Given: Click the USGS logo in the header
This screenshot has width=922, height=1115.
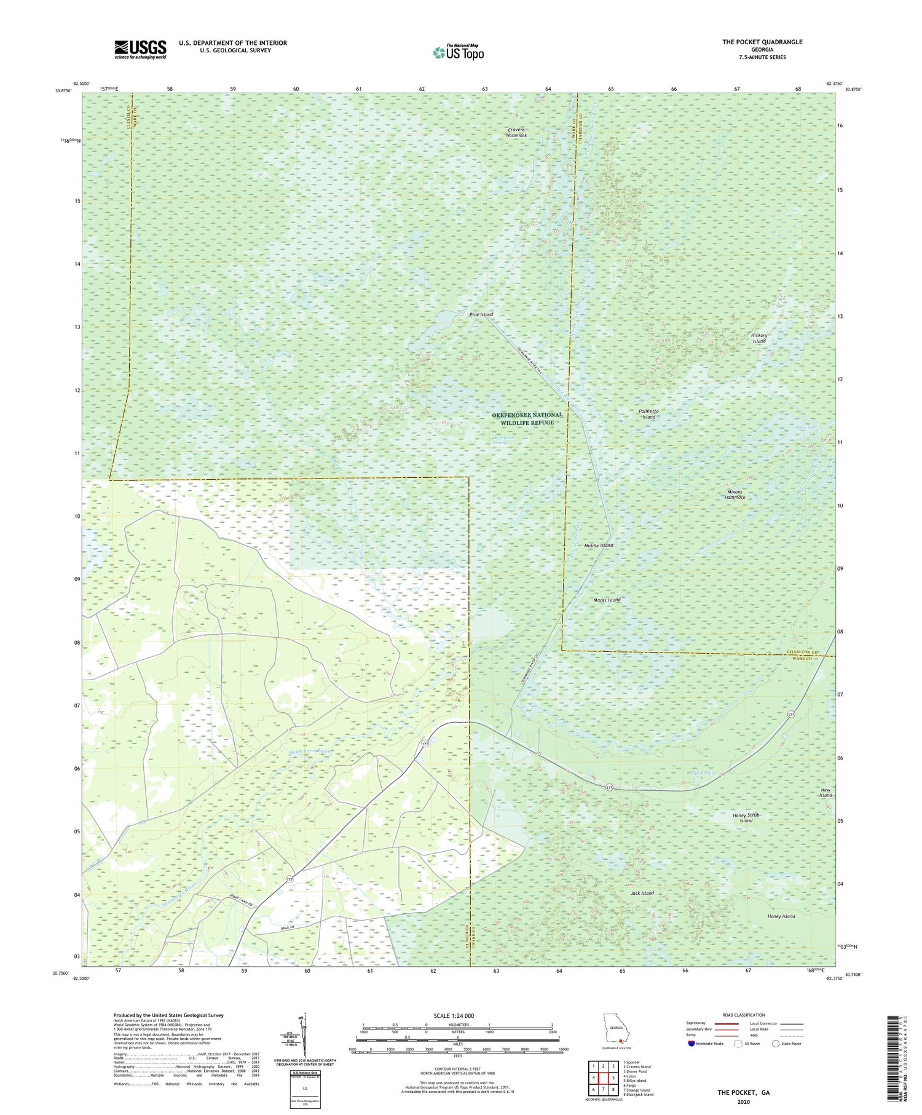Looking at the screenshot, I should (140, 49).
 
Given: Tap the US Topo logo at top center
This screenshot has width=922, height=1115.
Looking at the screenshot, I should (457, 52).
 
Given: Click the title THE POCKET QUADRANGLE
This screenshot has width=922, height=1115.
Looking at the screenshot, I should (762, 42).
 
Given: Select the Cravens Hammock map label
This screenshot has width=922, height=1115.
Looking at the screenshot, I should (516, 132).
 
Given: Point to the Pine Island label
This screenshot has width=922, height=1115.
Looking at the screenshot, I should (481, 314).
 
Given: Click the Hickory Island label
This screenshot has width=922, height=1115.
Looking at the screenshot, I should (760, 338).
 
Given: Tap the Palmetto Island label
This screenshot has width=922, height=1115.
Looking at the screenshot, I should (648, 414).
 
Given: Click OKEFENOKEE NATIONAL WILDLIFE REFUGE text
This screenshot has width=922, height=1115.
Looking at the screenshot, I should (527, 419).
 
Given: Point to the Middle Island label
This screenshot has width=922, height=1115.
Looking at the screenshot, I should (598, 546).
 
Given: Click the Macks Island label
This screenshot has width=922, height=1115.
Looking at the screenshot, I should (607, 600).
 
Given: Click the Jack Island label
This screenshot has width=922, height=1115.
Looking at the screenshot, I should (642, 893).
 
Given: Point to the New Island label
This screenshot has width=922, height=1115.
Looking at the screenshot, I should (825, 792).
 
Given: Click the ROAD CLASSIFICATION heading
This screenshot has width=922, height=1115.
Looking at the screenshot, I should (744, 1015).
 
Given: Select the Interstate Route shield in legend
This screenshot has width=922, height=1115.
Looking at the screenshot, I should (691, 1044).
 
